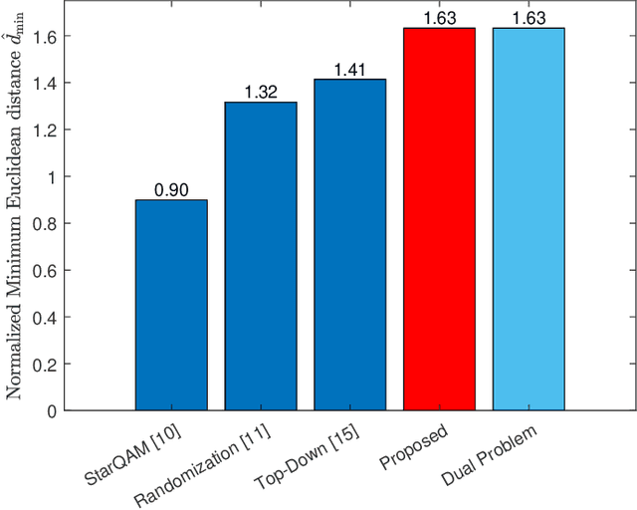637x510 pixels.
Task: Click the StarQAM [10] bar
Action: pyautogui.click(x=171, y=305)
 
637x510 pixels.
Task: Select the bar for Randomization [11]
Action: pyautogui.click(x=261, y=256)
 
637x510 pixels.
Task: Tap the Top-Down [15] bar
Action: pyautogui.click(x=349, y=244)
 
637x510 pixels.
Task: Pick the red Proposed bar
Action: pyautogui.click(x=439, y=219)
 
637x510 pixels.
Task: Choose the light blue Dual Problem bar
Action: pyautogui.click(x=529, y=219)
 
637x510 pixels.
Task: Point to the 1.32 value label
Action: pyautogui.click(x=261, y=93)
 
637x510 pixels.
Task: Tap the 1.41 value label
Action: pyautogui.click(x=349, y=70)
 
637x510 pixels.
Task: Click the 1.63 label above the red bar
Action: pyautogui.click(x=439, y=18)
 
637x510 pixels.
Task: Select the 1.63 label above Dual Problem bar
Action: pyautogui.click(x=529, y=18)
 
